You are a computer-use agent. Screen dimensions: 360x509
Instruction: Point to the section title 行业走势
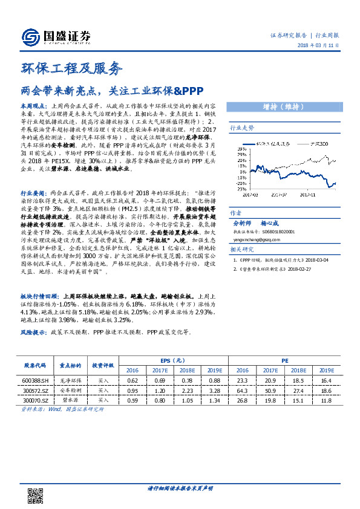pos(241,129)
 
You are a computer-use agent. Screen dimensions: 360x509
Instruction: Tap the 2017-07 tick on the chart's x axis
pos(280,195)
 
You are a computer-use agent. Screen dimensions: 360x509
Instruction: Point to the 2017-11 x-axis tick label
pos(310,195)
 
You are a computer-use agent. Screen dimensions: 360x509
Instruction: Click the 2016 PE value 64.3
pos(243,391)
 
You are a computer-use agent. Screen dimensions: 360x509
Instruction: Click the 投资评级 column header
pos(103,365)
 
